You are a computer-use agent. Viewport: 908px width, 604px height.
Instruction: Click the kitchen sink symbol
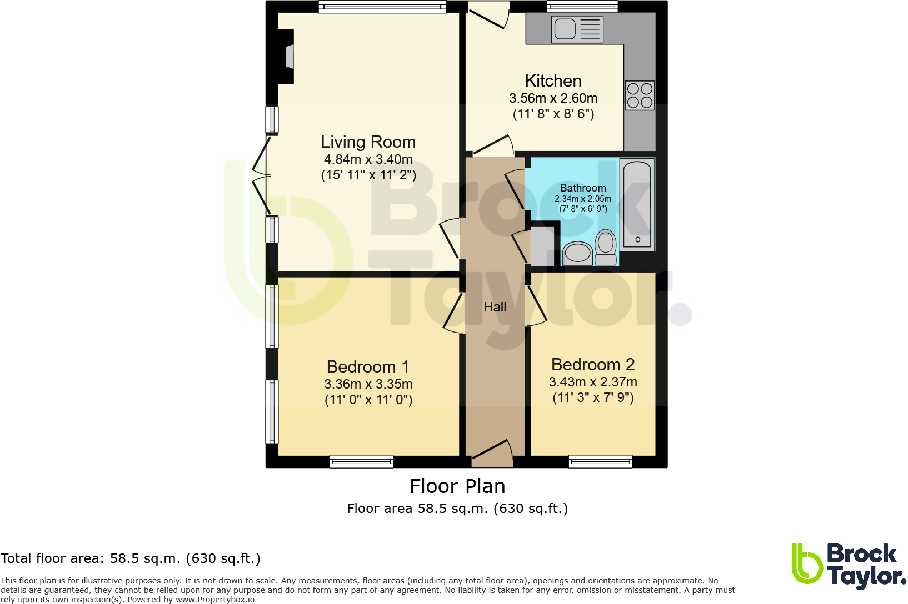pyautogui.click(x=577, y=29)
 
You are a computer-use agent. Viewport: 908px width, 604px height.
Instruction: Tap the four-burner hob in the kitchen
pyautogui.click(x=639, y=95)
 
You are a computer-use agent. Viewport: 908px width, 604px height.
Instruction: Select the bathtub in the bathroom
pyautogui.click(x=637, y=204)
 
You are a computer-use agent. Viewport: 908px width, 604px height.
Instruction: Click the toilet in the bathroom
pyautogui.click(x=606, y=248)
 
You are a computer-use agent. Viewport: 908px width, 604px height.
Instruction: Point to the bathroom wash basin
pyautogui.click(x=577, y=254)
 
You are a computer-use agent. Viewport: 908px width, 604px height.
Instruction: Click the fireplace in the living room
pyautogui.click(x=288, y=57)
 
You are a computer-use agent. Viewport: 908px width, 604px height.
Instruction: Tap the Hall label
pyautogui.click(x=495, y=307)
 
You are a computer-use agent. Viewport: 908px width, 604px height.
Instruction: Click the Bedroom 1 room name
pyautogui.click(x=368, y=367)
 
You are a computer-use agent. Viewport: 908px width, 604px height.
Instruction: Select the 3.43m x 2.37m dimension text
pyautogui.click(x=593, y=382)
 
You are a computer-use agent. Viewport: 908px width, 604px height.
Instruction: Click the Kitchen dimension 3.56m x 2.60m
pyautogui.click(x=553, y=98)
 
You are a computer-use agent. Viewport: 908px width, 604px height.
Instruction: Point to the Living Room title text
pyautogui.click(x=368, y=142)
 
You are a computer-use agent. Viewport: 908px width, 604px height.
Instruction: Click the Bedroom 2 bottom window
pyautogui.click(x=600, y=461)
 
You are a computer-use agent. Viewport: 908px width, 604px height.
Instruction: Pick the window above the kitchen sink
pyautogui.click(x=582, y=7)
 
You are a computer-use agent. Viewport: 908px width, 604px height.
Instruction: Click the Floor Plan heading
pyautogui.click(x=457, y=486)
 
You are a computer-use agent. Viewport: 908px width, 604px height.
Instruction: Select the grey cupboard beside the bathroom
pyautogui.click(x=542, y=245)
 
